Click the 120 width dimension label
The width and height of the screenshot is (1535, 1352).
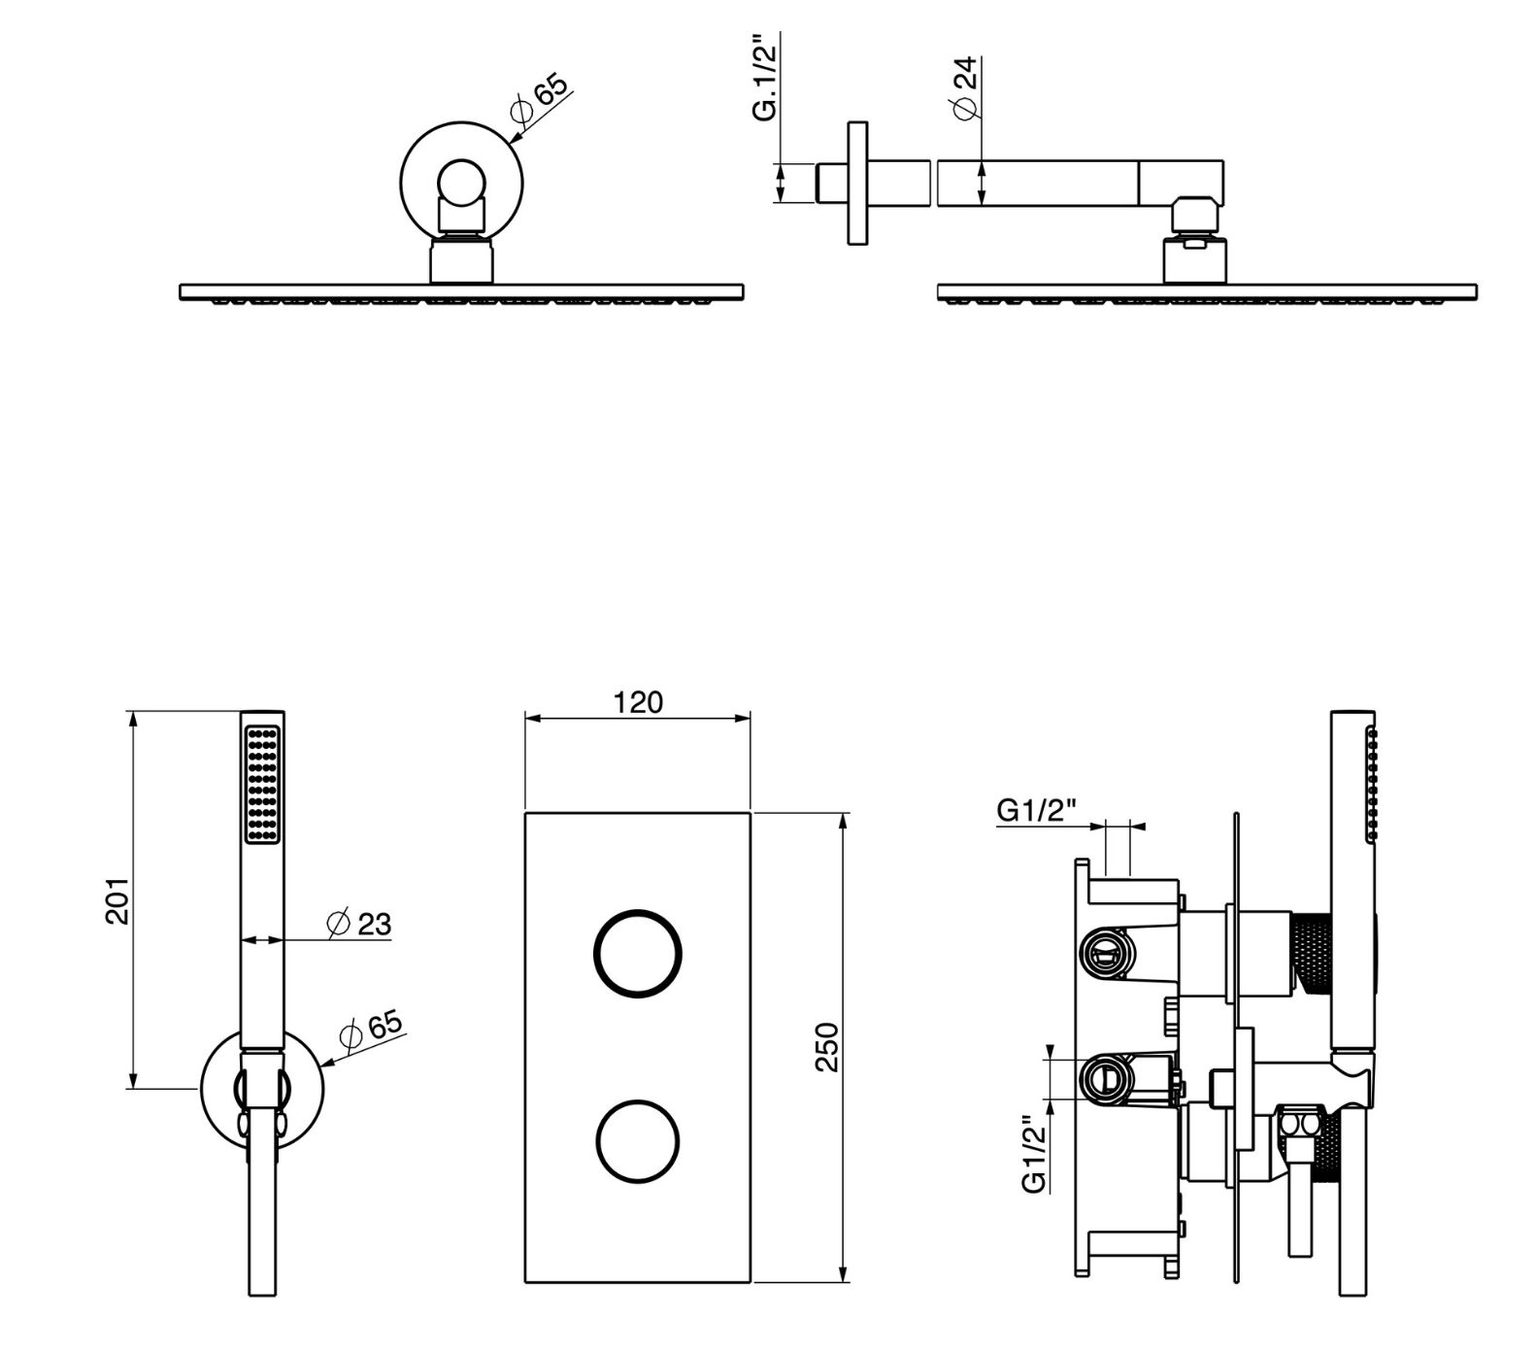[x=638, y=701]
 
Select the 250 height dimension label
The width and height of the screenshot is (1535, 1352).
[x=826, y=1046]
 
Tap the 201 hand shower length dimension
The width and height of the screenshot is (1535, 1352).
[x=117, y=900]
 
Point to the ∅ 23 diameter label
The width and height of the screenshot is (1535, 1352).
[x=359, y=923]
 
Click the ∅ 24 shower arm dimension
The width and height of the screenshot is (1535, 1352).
[x=966, y=88]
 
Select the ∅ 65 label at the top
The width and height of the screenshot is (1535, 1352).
[x=538, y=100]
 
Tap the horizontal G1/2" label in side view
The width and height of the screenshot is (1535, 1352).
[x=1037, y=810]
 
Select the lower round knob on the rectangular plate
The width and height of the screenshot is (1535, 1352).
[x=637, y=1143]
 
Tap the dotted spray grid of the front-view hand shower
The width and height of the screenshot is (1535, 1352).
[x=262, y=785]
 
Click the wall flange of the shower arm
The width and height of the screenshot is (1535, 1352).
[x=857, y=183]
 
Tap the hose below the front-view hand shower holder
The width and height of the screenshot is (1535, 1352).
[x=261, y=1214]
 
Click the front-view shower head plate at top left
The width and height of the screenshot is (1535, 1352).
[x=462, y=291]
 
